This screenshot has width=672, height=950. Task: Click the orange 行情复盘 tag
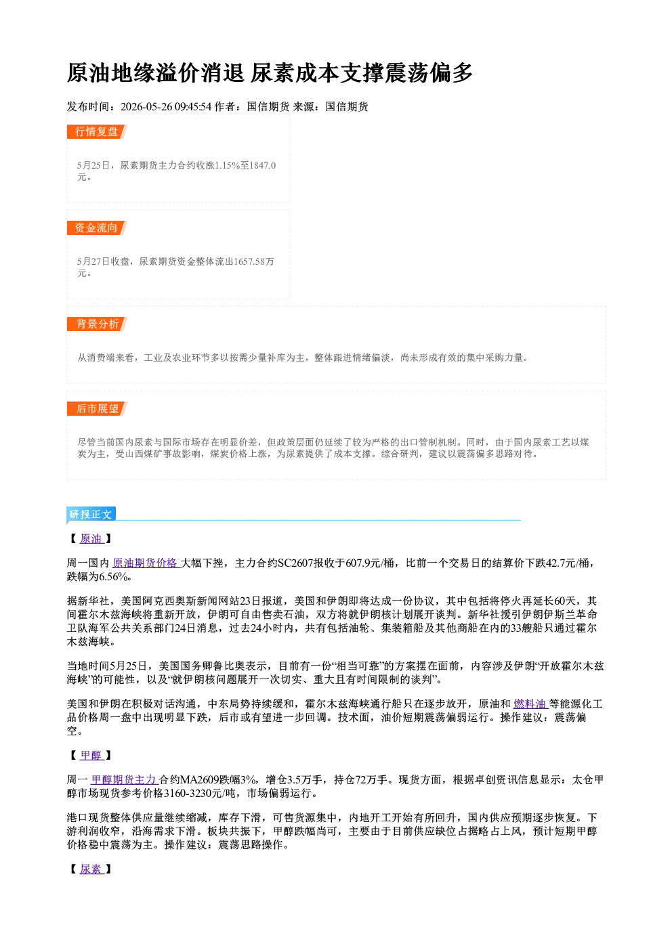click(97, 131)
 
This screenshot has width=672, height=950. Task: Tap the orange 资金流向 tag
click(97, 228)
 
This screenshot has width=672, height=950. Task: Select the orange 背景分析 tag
click(97, 324)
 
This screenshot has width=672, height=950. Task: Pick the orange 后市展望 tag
click(97, 409)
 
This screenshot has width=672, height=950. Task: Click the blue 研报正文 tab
click(91, 515)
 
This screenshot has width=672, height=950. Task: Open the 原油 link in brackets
click(91, 538)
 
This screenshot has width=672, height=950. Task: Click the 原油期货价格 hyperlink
click(146, 563)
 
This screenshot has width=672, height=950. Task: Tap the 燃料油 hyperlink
click(530, 704)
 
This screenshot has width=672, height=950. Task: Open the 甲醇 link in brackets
click(91, 756)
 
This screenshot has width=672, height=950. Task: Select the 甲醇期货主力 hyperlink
click(125, 779)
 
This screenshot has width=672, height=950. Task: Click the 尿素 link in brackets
click(91, 869)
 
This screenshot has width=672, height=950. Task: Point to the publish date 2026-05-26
click(146, 107)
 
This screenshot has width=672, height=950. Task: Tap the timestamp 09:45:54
click(193, 107)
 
